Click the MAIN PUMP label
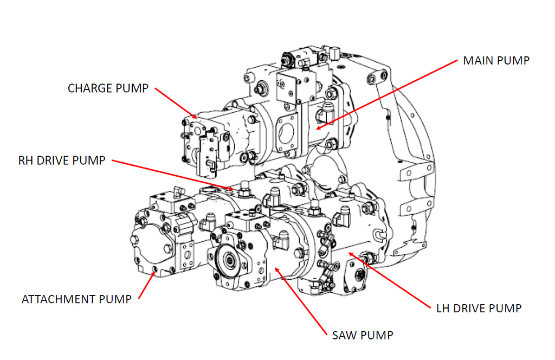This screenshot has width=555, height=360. [x=496, y=60]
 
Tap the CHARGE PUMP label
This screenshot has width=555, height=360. [x=107, y=88]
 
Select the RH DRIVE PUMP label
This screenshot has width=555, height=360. [x=61, y=161]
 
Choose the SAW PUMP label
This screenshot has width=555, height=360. [x=362, y=335]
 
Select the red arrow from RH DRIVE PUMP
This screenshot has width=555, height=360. [x=173, y=175]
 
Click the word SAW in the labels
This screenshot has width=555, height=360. [x=344, y=335]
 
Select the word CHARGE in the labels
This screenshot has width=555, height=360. [x=90, y=88]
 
